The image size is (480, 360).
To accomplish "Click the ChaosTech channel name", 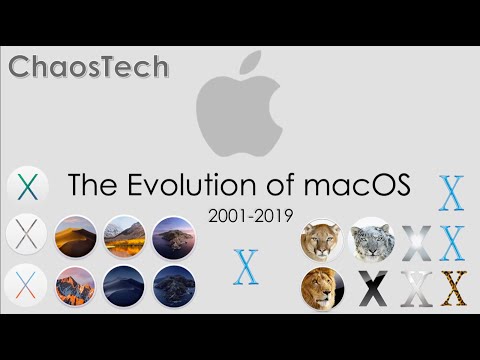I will coord(89,68).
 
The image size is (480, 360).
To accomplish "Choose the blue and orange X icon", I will coord(26,285).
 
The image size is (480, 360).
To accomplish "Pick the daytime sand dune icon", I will coord(75,237).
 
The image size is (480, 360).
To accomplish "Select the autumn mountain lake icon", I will coord(124,237).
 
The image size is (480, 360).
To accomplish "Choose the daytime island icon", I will coord(173,237).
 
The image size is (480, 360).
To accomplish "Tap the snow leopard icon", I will coord(372,240).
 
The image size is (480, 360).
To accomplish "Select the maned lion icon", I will coord(322,289).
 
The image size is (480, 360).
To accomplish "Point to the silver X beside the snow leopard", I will coord(416,243).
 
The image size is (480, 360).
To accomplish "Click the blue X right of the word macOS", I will coord(452,192).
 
